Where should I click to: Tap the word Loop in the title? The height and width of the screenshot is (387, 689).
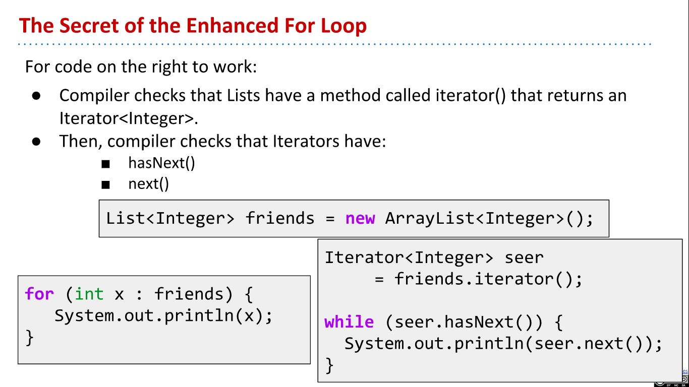343,25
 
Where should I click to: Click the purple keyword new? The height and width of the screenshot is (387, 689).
360,218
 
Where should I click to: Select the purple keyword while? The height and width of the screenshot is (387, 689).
349,321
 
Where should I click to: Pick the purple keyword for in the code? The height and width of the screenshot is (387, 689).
39,294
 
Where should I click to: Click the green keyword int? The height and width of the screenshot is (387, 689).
89,294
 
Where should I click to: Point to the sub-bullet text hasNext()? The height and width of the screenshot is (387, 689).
161,163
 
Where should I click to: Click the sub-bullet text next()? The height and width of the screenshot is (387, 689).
149,184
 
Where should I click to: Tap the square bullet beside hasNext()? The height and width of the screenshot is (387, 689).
105,164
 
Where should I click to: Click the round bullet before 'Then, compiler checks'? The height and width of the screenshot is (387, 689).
36,141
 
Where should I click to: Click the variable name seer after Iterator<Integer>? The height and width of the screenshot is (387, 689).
524,257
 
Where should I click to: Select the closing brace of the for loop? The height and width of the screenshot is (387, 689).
30,337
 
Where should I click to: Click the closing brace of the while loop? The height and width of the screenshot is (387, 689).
329,364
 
